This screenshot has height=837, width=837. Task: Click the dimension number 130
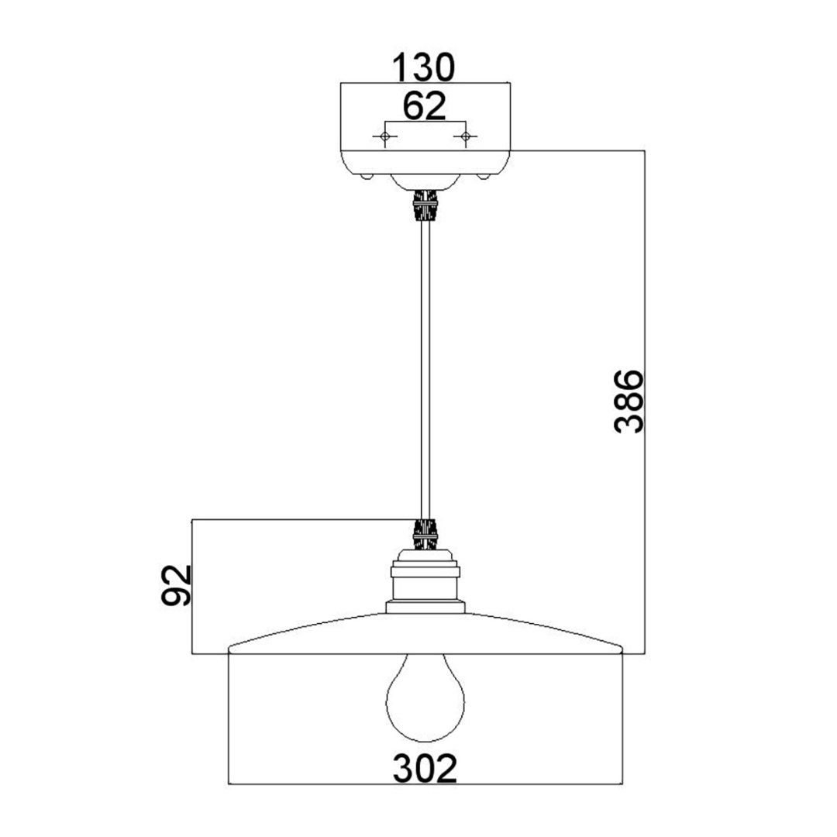423,67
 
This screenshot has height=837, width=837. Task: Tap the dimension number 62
425,105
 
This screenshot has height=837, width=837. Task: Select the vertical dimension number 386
629,401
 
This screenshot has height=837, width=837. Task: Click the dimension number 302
425,768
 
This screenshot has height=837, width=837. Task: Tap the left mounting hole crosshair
384,137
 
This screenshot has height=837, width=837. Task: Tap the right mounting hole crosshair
466,137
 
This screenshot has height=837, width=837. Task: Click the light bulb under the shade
425,697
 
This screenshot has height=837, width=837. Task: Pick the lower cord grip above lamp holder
425,534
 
